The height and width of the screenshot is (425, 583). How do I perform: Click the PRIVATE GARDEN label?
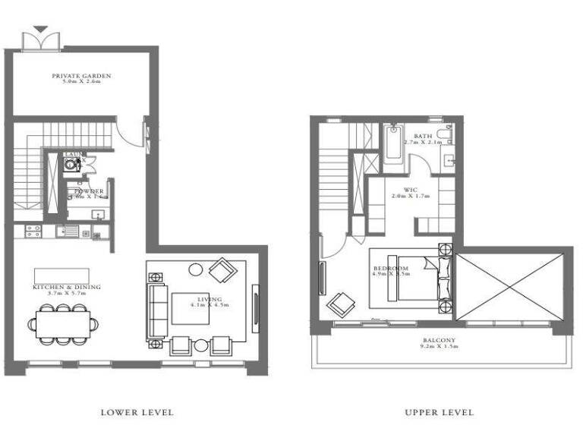pyautogui.click(x=81, y=77)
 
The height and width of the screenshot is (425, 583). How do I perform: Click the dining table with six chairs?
pyautogui.click(x=65, y=323)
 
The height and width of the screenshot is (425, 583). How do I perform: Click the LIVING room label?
pyautogui.click(x=210, y=302)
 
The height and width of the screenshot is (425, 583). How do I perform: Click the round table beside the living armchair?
pyautogui.click(x=196, y=269)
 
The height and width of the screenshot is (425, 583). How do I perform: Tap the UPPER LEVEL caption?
pyautogui.click(x=440, y=412)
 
